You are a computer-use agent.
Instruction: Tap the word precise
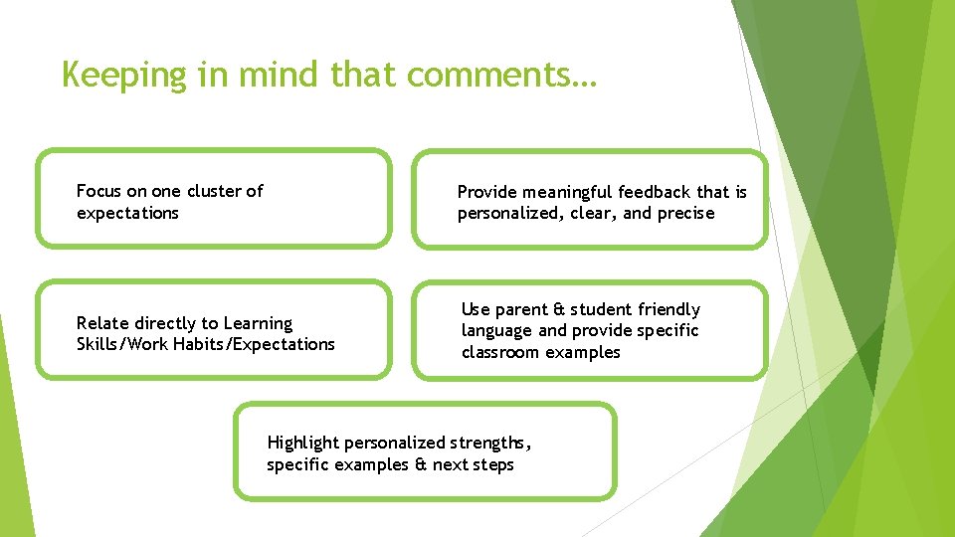coord(685,213)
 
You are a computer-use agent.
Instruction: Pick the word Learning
coord(258,323)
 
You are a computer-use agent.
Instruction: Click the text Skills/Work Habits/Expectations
coord(205,344)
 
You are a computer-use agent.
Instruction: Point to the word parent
coord(521,309)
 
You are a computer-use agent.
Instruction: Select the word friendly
coord(668,309)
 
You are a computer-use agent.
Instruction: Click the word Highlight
coord(302,443)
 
